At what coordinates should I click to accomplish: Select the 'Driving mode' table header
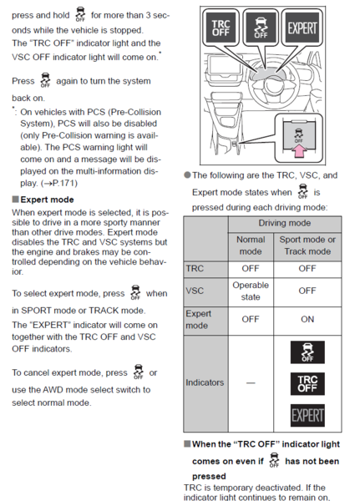point(284,224)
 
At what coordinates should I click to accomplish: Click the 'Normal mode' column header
point(251,245)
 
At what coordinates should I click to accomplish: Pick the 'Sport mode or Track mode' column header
point(307,245)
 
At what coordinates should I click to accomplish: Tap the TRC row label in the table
point(194,269)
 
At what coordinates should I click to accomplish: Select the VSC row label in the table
point(195,291)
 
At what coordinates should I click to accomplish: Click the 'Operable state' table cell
point(251,291)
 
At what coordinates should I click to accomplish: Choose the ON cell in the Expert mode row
point(307,319)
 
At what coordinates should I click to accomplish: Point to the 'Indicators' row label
point(205,382)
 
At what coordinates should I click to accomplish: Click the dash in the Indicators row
point(251,382)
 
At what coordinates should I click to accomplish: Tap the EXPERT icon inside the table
point(307,414)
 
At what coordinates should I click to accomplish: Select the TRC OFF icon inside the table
point(307,383)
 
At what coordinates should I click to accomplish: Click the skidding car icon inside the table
point(307,352)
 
